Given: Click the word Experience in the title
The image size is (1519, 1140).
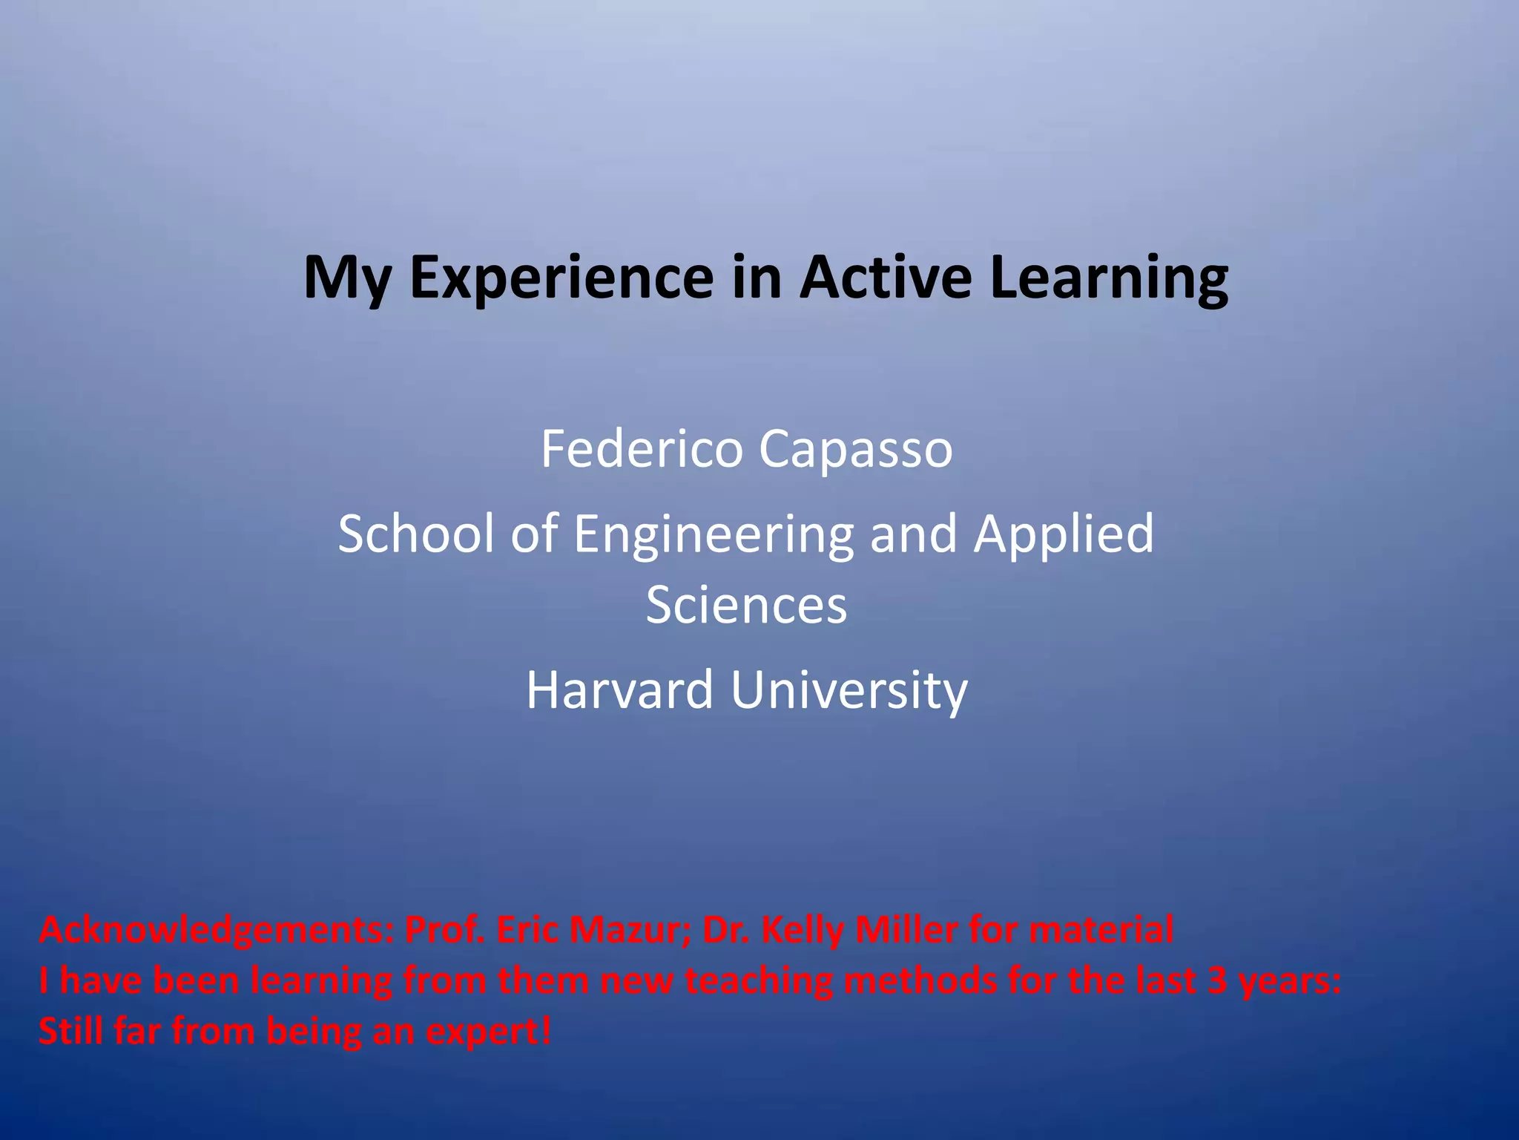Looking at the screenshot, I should pyautogui.click(x=561, y=278).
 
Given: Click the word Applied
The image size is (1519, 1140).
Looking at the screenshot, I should pyautogui.click(x=1064, y=534).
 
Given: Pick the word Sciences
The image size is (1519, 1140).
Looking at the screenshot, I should pyautogui.click(x=746, y=605).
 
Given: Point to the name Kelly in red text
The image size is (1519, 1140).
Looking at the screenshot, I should pyautogui.click(x=802, y=931).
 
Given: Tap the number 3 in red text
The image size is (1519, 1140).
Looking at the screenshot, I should pyautogui.click(x=1217, y=981).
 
